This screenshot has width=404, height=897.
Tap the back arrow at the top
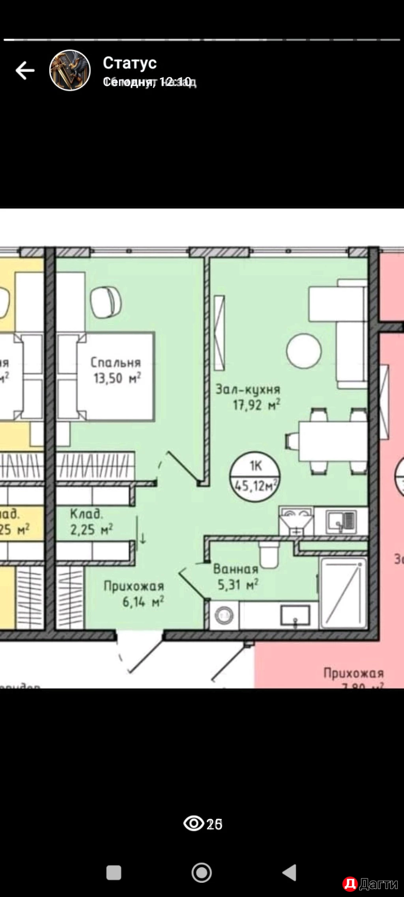point(25,71)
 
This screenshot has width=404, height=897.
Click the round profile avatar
point(70,71)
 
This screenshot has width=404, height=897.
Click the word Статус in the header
point(130,63)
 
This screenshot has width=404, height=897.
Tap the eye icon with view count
point(194,823)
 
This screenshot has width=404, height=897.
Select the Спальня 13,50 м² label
point(116,371)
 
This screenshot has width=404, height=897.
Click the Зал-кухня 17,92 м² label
point(248,397)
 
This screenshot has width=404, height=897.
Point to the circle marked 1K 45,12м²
point(255,477)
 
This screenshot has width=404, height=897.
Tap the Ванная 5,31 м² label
point(236,577)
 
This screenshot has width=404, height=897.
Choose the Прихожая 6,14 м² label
point(133,594)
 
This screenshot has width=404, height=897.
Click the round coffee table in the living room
point(304,351)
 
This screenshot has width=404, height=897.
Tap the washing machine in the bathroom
point(224,615)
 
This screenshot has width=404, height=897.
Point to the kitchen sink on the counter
point(342,521)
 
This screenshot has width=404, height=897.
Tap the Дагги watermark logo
point(370,884)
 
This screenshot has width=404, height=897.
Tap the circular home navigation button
point(202,873)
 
